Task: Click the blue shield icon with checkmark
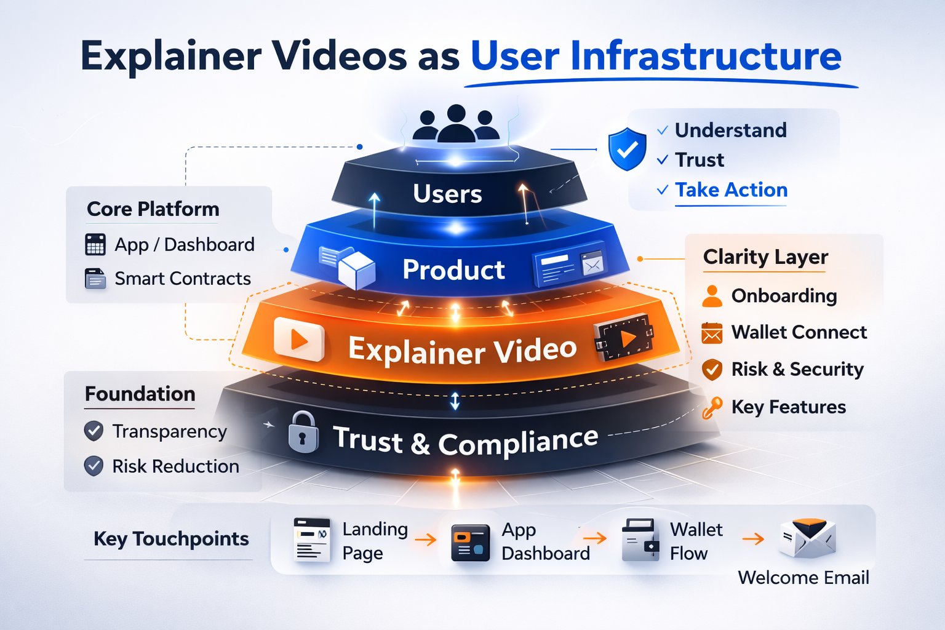coord(627,148)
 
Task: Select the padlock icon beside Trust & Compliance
coord(303,433)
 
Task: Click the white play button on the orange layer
coord(299,339)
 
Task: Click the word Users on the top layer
coord(447,194)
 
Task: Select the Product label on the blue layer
coord(453,269)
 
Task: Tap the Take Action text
coord(731,189)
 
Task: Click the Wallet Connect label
coord(799,332)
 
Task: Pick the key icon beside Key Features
coord(712,407)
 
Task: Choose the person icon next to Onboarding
coord(712,296)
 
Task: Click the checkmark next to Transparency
coord(94,431)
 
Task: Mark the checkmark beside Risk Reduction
coord(94,466)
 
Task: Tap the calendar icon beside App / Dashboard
coord(95,244)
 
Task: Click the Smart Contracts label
coord(183,279)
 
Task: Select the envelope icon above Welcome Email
coord(807,538)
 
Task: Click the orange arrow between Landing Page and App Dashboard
coord(425,540)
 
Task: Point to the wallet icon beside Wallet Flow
coord(640,540)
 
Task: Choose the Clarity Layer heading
coord(765,257)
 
